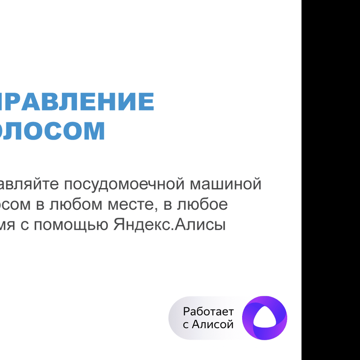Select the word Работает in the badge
pos(208,312)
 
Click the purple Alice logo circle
pos(265,318)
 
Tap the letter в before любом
pos(40,205)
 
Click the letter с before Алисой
pos(186,324)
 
